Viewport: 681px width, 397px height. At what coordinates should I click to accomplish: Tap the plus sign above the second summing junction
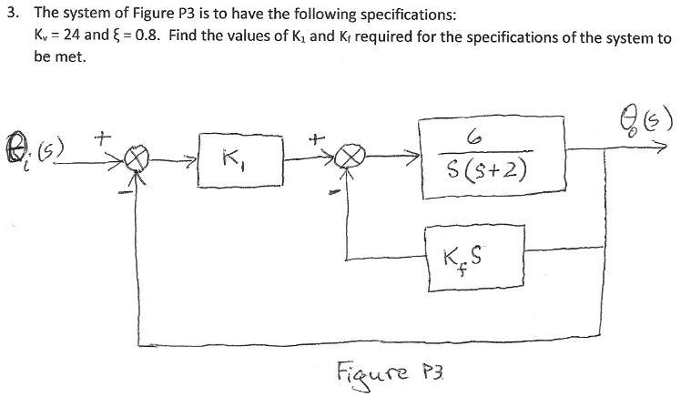pos(315,139)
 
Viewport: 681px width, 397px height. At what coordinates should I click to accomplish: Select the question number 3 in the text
pos(11,15)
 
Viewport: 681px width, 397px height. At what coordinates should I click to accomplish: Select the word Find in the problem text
pos(171,39)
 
